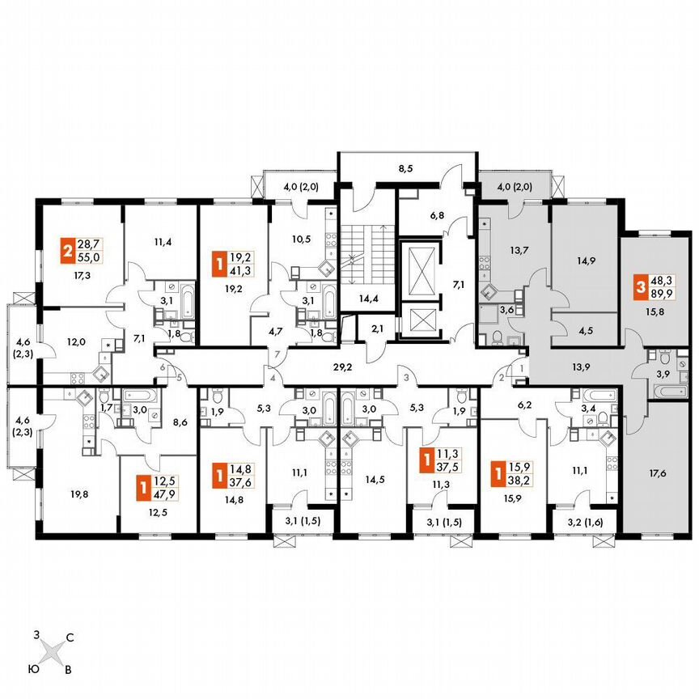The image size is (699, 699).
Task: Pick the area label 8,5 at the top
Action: pyautogui.click(x=406, y=171)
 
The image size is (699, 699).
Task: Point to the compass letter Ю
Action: pyautogui.click(x=32, y=667)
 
